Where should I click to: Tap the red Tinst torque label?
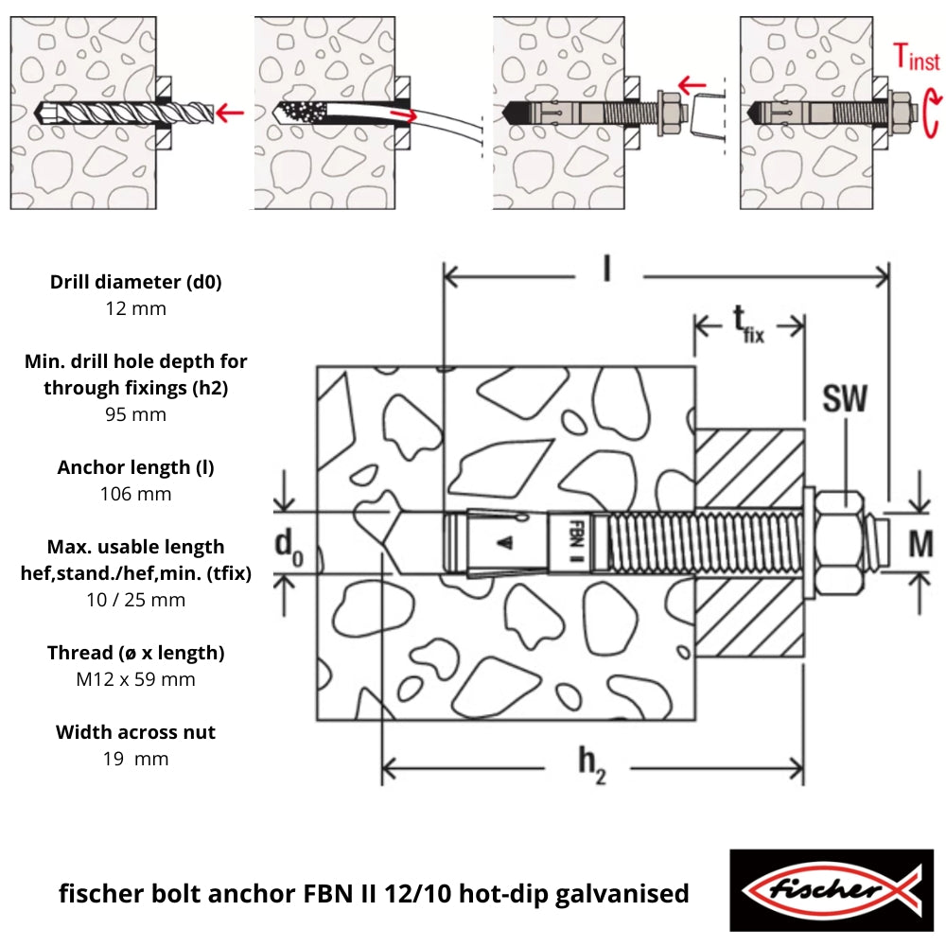(x=915, y=60)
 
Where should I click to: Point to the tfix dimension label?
(x=746, y=325)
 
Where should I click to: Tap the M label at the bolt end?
(x=920, y=544)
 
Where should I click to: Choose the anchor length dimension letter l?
(x=607, y=271)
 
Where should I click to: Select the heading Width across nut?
(x=135, y=732)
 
